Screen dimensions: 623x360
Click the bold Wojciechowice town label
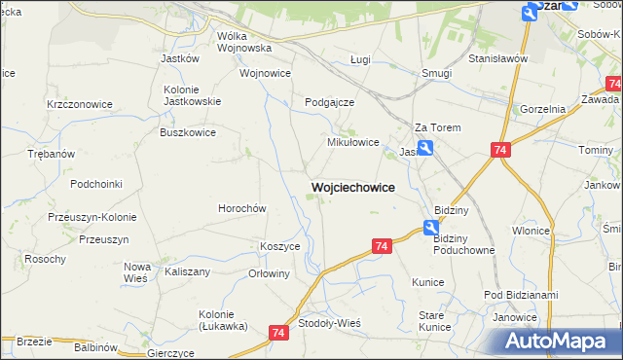352,186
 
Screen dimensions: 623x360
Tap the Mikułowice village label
351,142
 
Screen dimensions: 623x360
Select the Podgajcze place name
329,102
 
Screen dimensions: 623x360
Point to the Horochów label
241,208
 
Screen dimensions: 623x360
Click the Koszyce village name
279,247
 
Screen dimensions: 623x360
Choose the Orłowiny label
270,273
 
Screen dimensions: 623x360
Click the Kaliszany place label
188,271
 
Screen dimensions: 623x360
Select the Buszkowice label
188,131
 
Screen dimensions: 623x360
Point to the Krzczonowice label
80,104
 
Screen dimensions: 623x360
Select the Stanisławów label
497,59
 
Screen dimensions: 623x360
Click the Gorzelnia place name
543,109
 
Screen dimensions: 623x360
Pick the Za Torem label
437,127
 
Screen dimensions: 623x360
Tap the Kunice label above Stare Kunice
427,282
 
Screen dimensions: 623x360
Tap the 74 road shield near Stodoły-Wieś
279,333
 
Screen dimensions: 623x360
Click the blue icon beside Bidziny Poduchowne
430,228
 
